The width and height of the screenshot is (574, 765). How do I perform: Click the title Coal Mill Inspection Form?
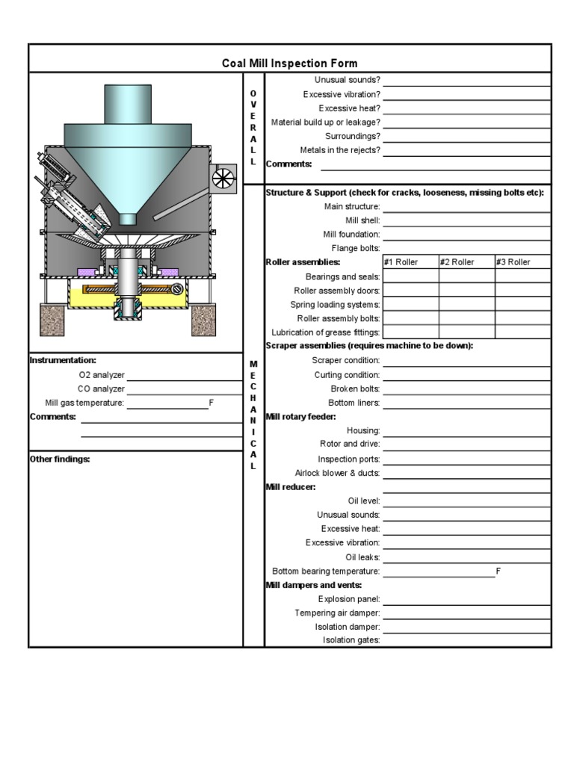point(289,64)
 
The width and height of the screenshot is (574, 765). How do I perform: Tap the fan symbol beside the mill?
point(223,178)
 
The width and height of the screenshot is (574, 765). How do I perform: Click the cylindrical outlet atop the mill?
point(128,104)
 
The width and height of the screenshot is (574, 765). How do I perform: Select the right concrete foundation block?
point(204,319)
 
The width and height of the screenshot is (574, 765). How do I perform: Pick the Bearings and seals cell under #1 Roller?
point(410,276)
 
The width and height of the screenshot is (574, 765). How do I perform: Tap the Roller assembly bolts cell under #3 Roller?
point(522,318)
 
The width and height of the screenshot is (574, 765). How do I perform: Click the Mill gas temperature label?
point(84,403)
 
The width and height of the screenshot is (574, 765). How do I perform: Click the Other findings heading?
point(60,459)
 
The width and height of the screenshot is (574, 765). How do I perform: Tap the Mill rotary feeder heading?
point(301,416)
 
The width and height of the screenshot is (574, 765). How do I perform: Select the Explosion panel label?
point(349,599)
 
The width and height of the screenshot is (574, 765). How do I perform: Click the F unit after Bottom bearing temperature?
point(498,571)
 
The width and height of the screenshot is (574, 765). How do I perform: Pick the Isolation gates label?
point(351,640)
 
